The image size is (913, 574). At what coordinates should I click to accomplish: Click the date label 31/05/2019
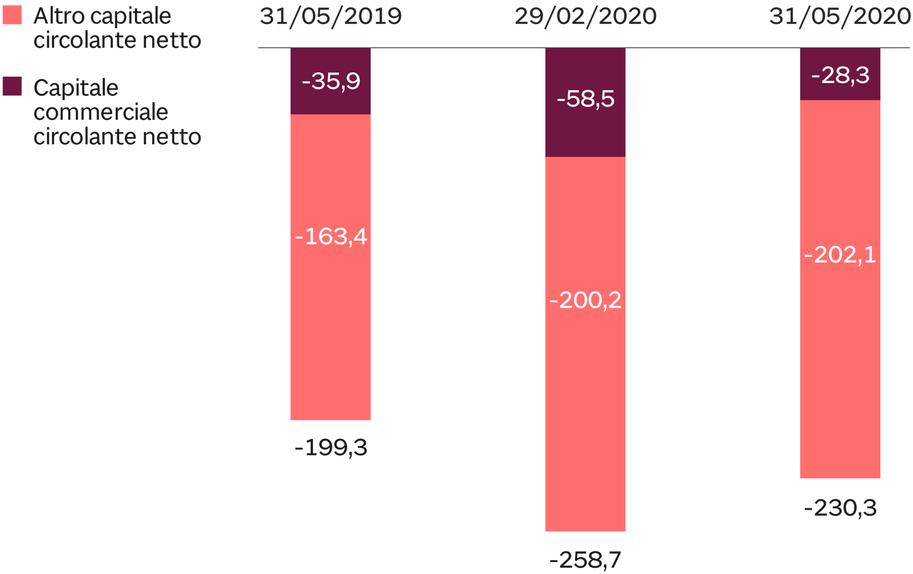(x=330, y=17)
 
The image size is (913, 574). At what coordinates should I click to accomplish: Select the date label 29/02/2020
(x=585, y=17)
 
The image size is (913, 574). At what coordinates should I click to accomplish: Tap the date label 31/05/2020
(x=840, y=17)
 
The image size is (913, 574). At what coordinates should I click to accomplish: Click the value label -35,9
(x=331, y=81)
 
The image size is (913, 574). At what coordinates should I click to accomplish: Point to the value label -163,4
(x=331, y=236)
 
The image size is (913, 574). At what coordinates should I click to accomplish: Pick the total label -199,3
(x=331, y=447)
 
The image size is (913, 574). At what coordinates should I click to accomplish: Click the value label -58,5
(x=585, y=98)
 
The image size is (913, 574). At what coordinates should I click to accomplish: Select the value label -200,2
(x=585, y=300)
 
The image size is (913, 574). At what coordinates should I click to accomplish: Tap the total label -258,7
(x=585, y=560)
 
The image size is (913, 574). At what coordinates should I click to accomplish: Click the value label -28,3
(x=840, y=75)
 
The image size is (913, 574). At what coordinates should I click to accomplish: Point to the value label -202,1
(x=840, y=255)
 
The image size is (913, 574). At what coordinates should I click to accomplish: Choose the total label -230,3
(x=840, y=508)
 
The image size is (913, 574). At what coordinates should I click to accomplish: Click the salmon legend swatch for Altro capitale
(x=12, y=15)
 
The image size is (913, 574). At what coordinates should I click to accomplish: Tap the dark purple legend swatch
(x=12, y=86)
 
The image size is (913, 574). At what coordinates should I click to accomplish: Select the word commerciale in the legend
(x=101, y=112)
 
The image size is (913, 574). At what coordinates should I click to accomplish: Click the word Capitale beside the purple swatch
(x=76, y=88)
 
